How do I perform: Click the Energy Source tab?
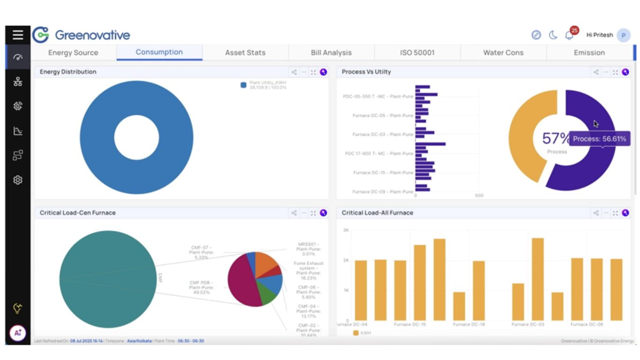[73, 52]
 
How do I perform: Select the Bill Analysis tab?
[331, 52]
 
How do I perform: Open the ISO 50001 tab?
[417, 52]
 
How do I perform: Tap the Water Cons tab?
[503, 52]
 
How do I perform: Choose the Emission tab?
[589, 52]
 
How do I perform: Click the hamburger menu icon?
[18, 35]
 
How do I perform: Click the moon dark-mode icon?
[553, 35]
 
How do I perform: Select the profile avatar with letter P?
[623, 35]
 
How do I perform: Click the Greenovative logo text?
[92, 35]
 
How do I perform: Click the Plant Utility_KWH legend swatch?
[243, 85]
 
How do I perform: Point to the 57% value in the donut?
[556, 138]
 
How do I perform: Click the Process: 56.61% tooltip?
[599, 139]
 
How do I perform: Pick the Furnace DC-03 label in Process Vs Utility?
[383, 135]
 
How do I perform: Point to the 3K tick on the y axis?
[346, 230]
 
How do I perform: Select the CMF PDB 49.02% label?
[201, 287]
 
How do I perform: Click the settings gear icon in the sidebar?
[18, 180]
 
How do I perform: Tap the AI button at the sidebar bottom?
[18, 333]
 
